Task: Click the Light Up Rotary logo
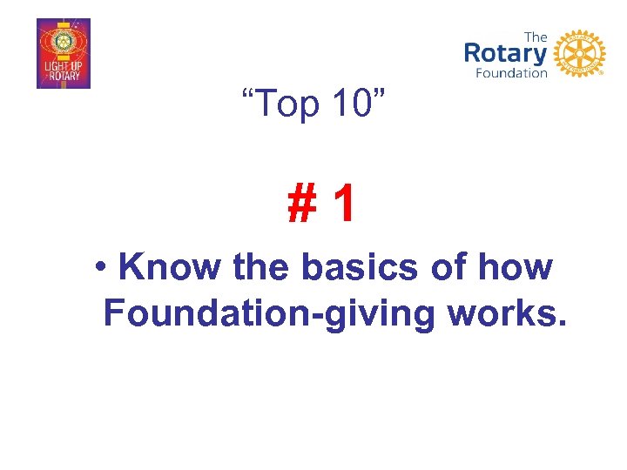pyautogui.click(x=64, y=54)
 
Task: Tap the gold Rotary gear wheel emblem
pyautogui.click(x=579, y=53)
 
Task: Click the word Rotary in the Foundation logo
pyautogui.click(x=506, y=53)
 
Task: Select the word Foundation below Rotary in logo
pyautogui.click(x=511, y=74)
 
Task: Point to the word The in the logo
pyautogui.click(x=536, y=36)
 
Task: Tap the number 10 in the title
pyautogui.click(x=357, y=105)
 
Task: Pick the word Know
pyautogui.click(x=171, y=267)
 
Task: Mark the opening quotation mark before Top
pyautogui.click(x=248, y=94)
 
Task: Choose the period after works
pyautogui.click(x=562, y=325)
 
